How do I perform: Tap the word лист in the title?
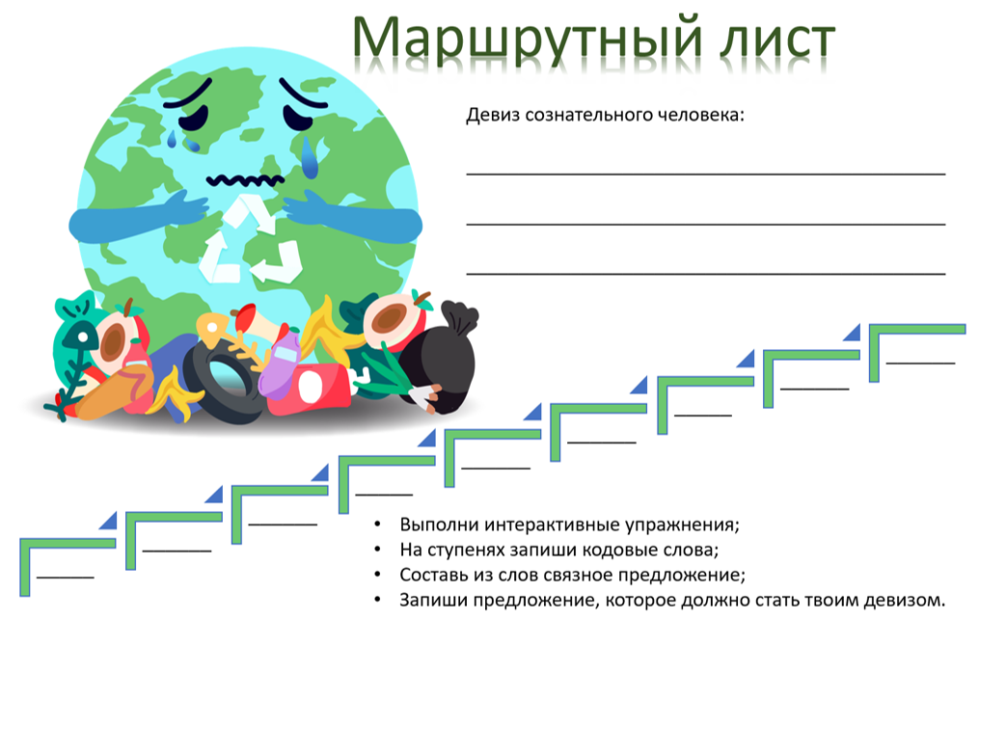tap(777, 40)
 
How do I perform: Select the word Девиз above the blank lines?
tap(493, 115)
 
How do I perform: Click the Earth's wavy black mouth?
tap(245, 180)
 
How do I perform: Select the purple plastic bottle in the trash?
tap(280, 364)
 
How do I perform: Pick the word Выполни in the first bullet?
tap(440, 525)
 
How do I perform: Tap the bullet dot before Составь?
tap(377, 575)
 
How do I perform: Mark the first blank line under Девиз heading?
tap(706, 174)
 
